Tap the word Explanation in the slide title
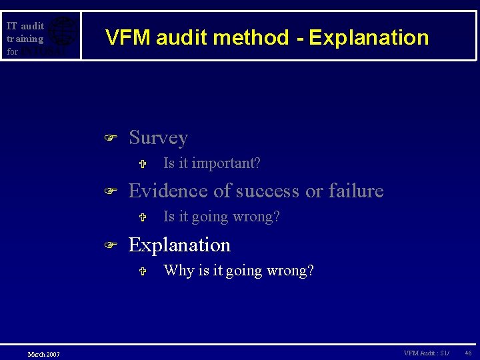369,38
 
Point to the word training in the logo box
25,39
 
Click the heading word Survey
158,138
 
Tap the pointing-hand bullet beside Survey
111,138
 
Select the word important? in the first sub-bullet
228,163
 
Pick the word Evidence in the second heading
168,191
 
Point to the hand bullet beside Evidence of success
111,192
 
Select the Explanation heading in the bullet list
179,245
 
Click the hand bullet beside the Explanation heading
111,246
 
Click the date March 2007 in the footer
43,354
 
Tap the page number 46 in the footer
468,353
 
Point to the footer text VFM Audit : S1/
427,353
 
